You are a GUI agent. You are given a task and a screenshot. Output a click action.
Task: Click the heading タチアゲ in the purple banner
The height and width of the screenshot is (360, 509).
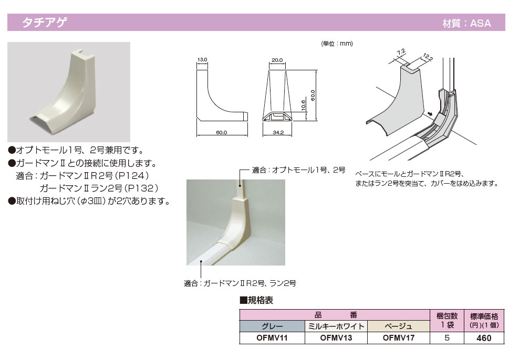coord(45,23)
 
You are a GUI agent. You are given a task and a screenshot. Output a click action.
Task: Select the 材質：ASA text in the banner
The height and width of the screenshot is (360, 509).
coord(466,23)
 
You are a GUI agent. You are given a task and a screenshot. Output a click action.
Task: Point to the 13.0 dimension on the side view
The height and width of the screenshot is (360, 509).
coord(202,60)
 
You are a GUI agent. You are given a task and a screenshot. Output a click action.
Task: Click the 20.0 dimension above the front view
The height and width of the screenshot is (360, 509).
coord(277,60)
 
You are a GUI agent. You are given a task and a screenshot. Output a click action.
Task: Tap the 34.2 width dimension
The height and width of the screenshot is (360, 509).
coord(278,132)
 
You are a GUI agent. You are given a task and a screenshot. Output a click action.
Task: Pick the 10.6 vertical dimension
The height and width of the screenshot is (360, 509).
coord(303,105)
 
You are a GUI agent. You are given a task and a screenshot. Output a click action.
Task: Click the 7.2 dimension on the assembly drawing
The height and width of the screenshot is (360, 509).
coord(401,52)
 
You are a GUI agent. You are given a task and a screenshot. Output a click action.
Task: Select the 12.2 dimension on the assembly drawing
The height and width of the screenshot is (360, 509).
coord(428,57)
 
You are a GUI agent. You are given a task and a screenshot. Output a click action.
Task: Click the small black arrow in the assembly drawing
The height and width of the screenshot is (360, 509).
coord(430,113)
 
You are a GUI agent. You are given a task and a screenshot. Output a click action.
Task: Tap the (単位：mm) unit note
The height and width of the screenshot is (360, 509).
coord(337,44)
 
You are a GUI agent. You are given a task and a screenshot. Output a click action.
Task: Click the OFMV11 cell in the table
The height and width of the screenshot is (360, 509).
coord(272,338)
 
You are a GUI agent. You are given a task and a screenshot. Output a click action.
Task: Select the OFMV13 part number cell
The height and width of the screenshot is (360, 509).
coord(336,338)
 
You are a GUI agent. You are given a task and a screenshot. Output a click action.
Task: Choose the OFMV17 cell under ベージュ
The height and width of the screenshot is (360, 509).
coord(399,338)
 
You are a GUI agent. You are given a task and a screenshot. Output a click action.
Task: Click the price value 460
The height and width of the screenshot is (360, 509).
coord(484,338)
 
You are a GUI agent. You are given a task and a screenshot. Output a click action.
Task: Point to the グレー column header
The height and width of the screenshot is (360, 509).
coord(272,326)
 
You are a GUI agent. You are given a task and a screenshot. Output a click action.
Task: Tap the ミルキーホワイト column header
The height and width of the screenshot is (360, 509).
coord(336,326)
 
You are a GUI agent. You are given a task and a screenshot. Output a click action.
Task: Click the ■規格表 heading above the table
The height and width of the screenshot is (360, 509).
coord(256,300)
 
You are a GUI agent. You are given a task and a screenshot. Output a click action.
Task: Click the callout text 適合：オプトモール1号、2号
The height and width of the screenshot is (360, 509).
coord(298,170)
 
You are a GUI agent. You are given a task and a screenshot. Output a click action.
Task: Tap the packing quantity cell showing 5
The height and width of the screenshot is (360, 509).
coord(446,338)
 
